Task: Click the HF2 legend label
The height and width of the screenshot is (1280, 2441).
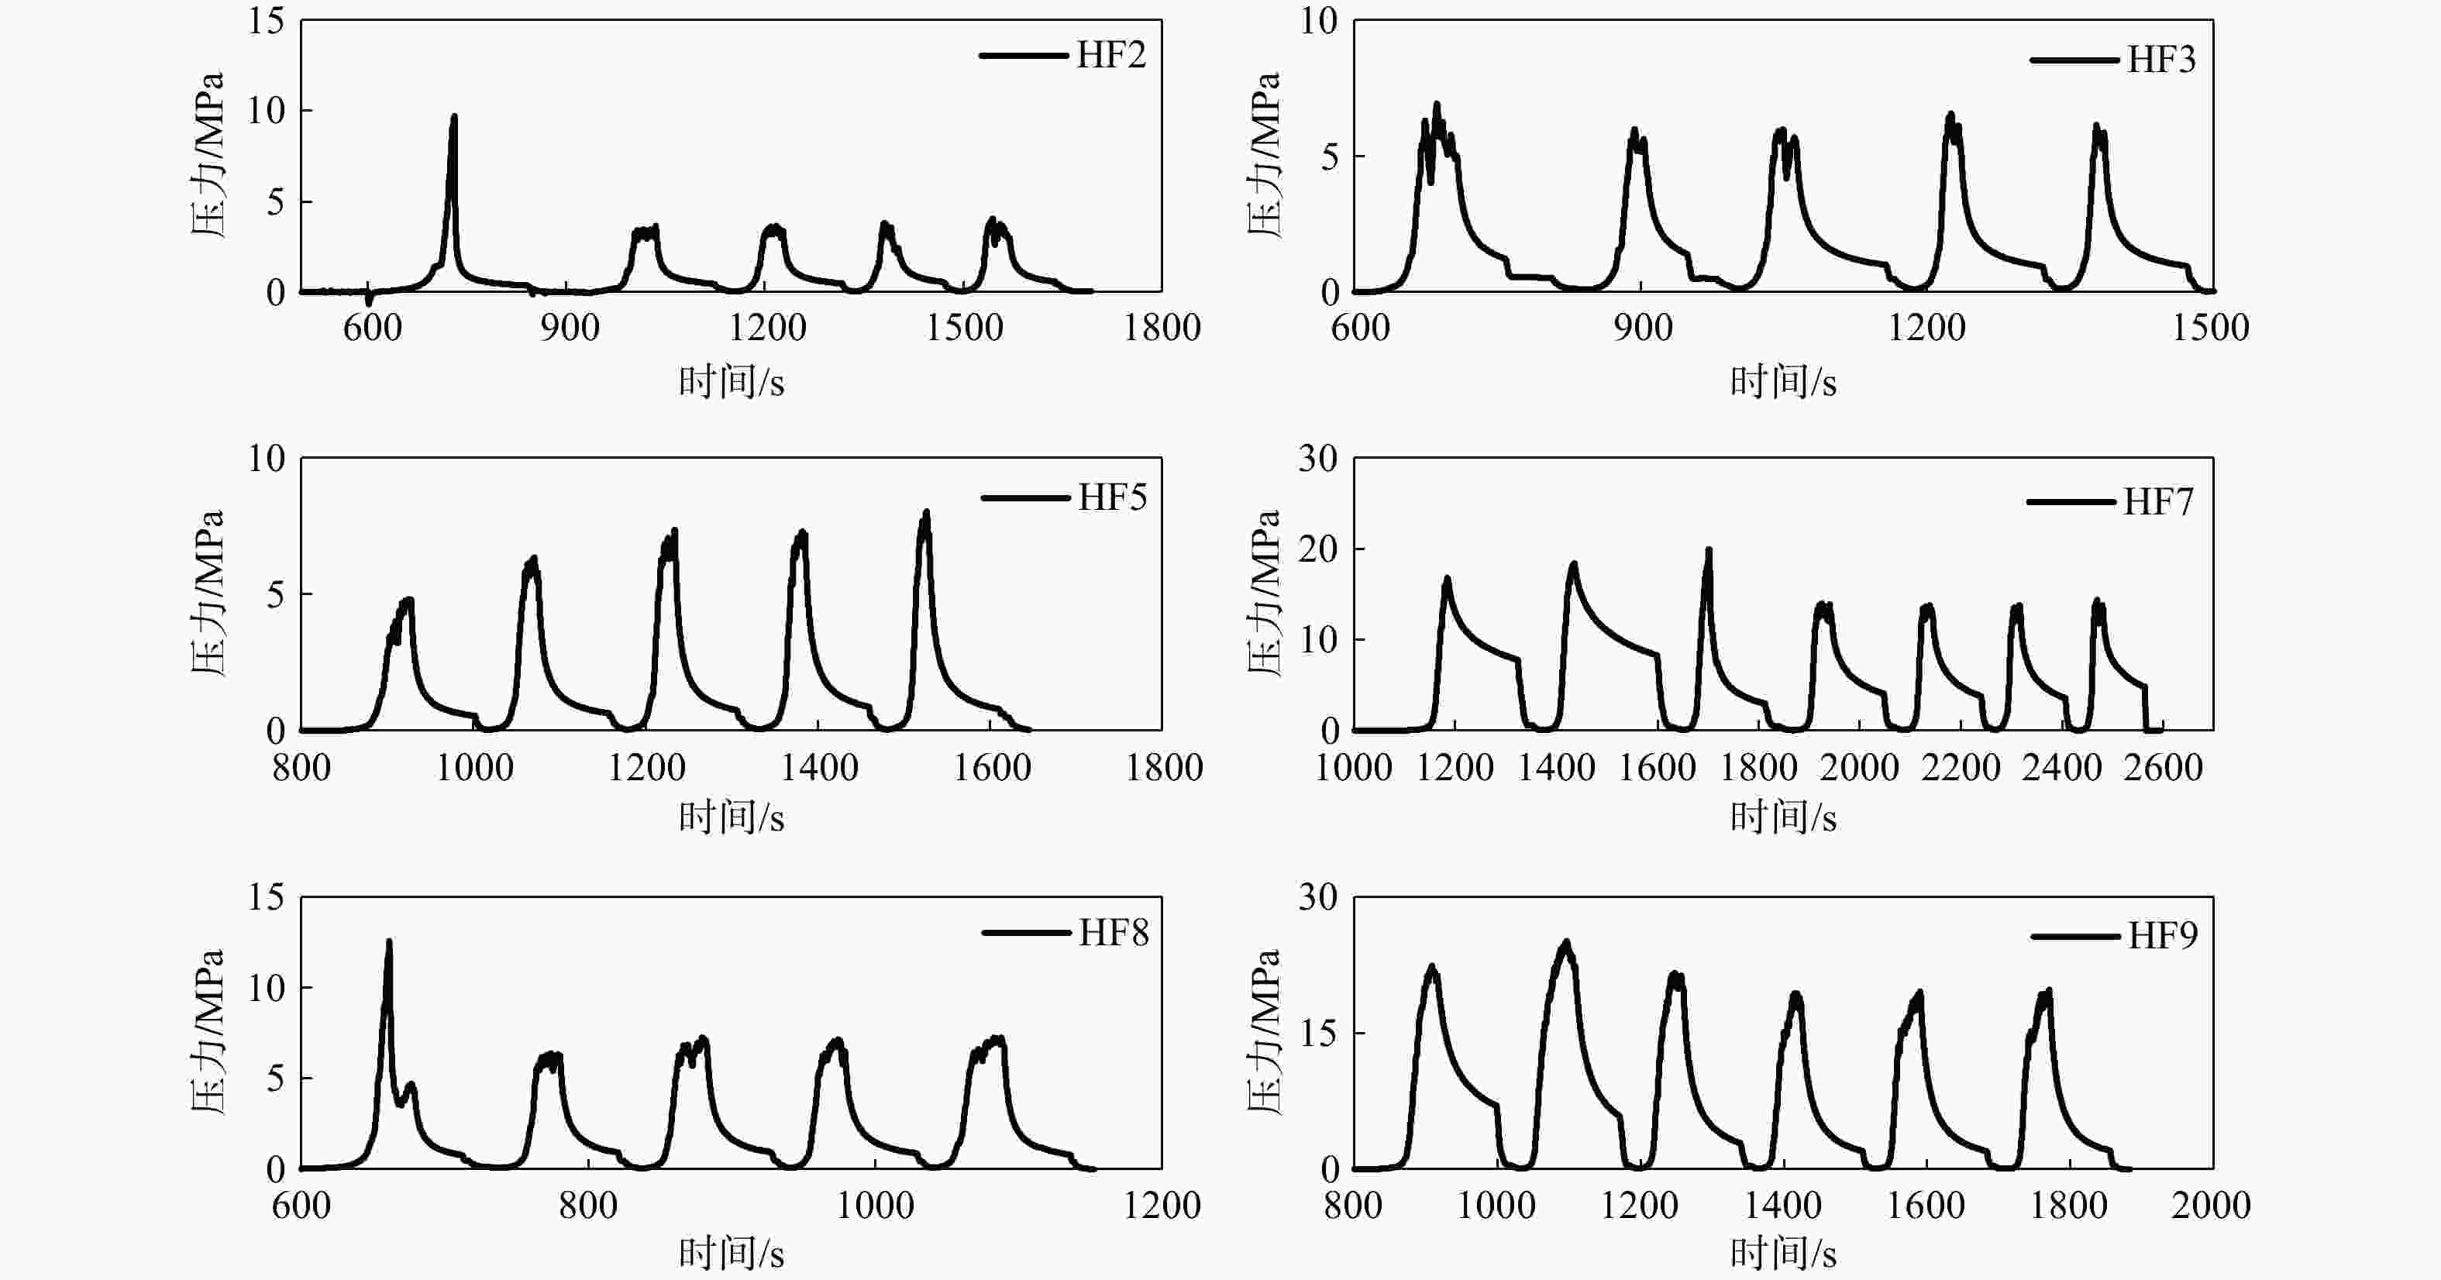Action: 1110,55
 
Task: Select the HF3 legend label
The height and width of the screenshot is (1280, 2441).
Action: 2161,60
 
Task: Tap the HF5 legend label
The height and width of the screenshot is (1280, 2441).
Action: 1113,497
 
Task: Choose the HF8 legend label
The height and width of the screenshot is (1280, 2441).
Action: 1114,933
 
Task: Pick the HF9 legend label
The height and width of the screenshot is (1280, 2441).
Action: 2162,936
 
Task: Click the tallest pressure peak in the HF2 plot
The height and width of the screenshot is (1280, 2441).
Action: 454,119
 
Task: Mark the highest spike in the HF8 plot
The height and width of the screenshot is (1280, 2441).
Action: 388,943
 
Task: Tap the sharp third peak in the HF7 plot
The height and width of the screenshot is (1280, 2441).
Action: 1709,552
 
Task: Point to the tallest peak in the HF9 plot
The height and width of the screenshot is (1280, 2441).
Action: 1565,944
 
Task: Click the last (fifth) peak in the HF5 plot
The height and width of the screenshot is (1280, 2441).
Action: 926,514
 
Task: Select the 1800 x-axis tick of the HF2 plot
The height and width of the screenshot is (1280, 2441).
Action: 1162,328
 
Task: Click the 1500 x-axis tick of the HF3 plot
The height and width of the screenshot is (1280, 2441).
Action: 2210,328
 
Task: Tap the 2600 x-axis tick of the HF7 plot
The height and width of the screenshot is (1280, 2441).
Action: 2162,766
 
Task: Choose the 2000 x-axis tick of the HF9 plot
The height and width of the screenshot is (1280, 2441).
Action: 2211,1205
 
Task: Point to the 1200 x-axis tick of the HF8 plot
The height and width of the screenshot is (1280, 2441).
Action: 1162,1205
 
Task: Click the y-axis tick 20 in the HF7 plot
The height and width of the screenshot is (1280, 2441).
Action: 1318,549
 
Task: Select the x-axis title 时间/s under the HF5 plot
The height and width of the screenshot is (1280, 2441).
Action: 732,817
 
